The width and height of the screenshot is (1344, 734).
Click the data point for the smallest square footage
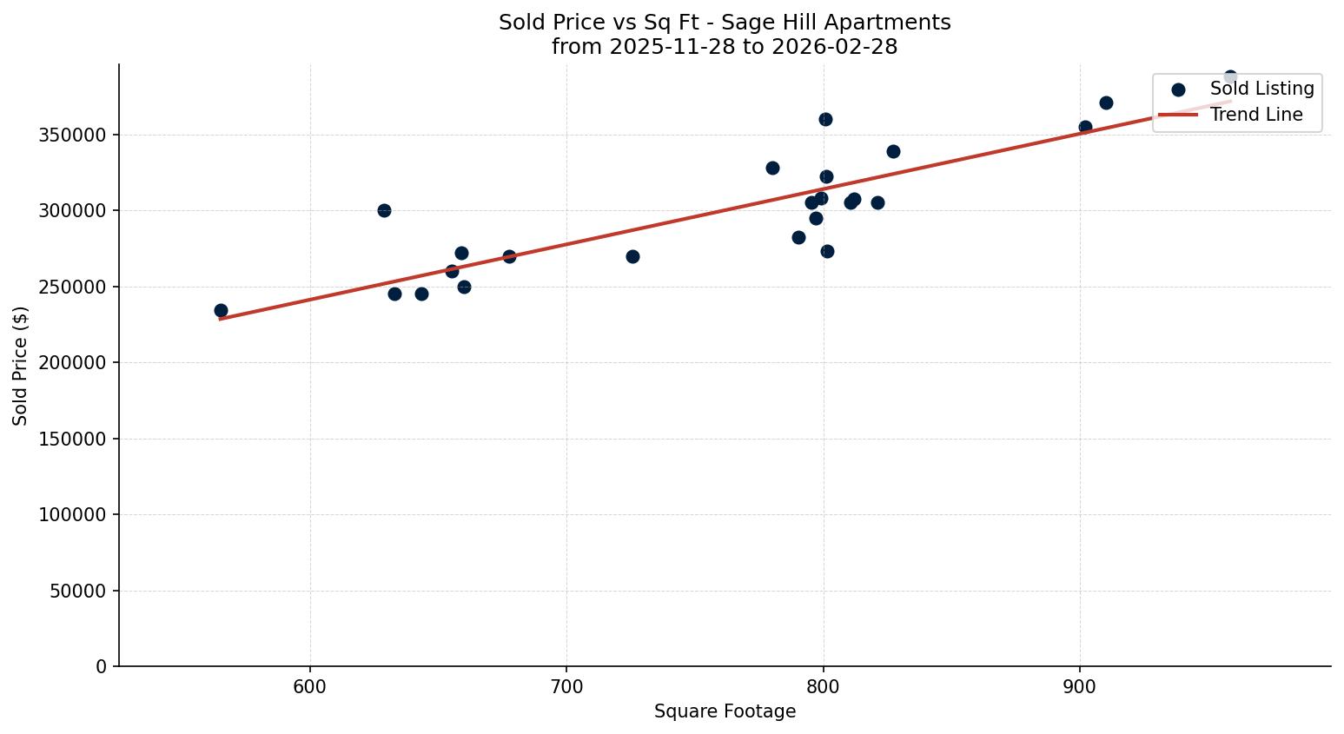pyautogui.click(x=221, y=310)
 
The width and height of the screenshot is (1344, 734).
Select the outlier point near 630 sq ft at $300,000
pyautogui.click(x=384, y=210)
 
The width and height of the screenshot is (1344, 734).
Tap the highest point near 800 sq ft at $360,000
pyautogui.click(x=825, y=119)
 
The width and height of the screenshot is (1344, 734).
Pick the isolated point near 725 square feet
pyautogui.click(x=632, y=256)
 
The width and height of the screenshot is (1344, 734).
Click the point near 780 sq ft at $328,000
pyautogui.click(x=772, y=168)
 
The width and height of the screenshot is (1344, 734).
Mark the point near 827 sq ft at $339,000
pyautogui.click(x=893, y=151)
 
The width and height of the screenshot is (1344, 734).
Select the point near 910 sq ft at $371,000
pyautogui.click(x=1106, y=102)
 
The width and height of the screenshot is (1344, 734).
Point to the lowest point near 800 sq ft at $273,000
pyautogui.click(x=827, y=251)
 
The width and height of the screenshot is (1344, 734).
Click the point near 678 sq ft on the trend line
pyautogui.click(x=509, y=256)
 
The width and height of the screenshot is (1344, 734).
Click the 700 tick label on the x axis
pyautogui.click(x=566, y=686)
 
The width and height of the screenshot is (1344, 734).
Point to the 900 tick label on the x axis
pyautogui.click(x=1079, y=686)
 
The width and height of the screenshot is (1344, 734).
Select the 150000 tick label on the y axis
pyautogui.click(x=73, y=439)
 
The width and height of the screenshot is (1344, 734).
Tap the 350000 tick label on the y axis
pyautogui.click(x=73, y=135)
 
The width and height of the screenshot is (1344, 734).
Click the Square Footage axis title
pyautogui.click(x=725, y=711)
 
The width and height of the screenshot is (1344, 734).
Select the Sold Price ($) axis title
pyautogui.click(x=20, y=365)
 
